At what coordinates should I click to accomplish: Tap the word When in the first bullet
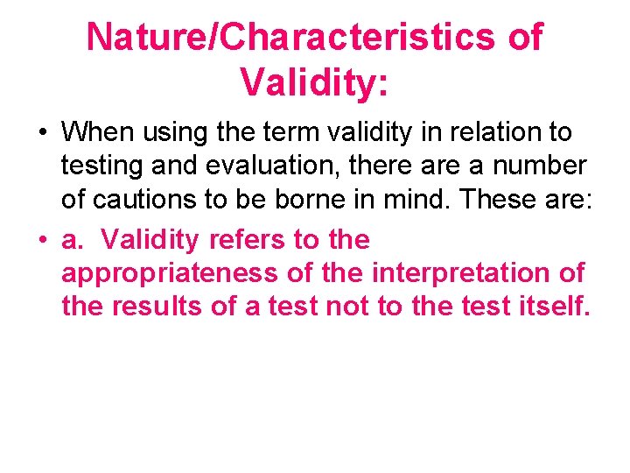pyautogui.click(x=99, y=132)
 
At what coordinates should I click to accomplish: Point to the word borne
pyautogui.click(x=314, y=201)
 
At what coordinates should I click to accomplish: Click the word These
pyautogui.click(x=500, y=201)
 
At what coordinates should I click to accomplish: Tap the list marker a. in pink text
pyautogui.click(x=72, y=239)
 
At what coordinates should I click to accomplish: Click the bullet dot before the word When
pyautogui.click(x=41, y=133)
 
